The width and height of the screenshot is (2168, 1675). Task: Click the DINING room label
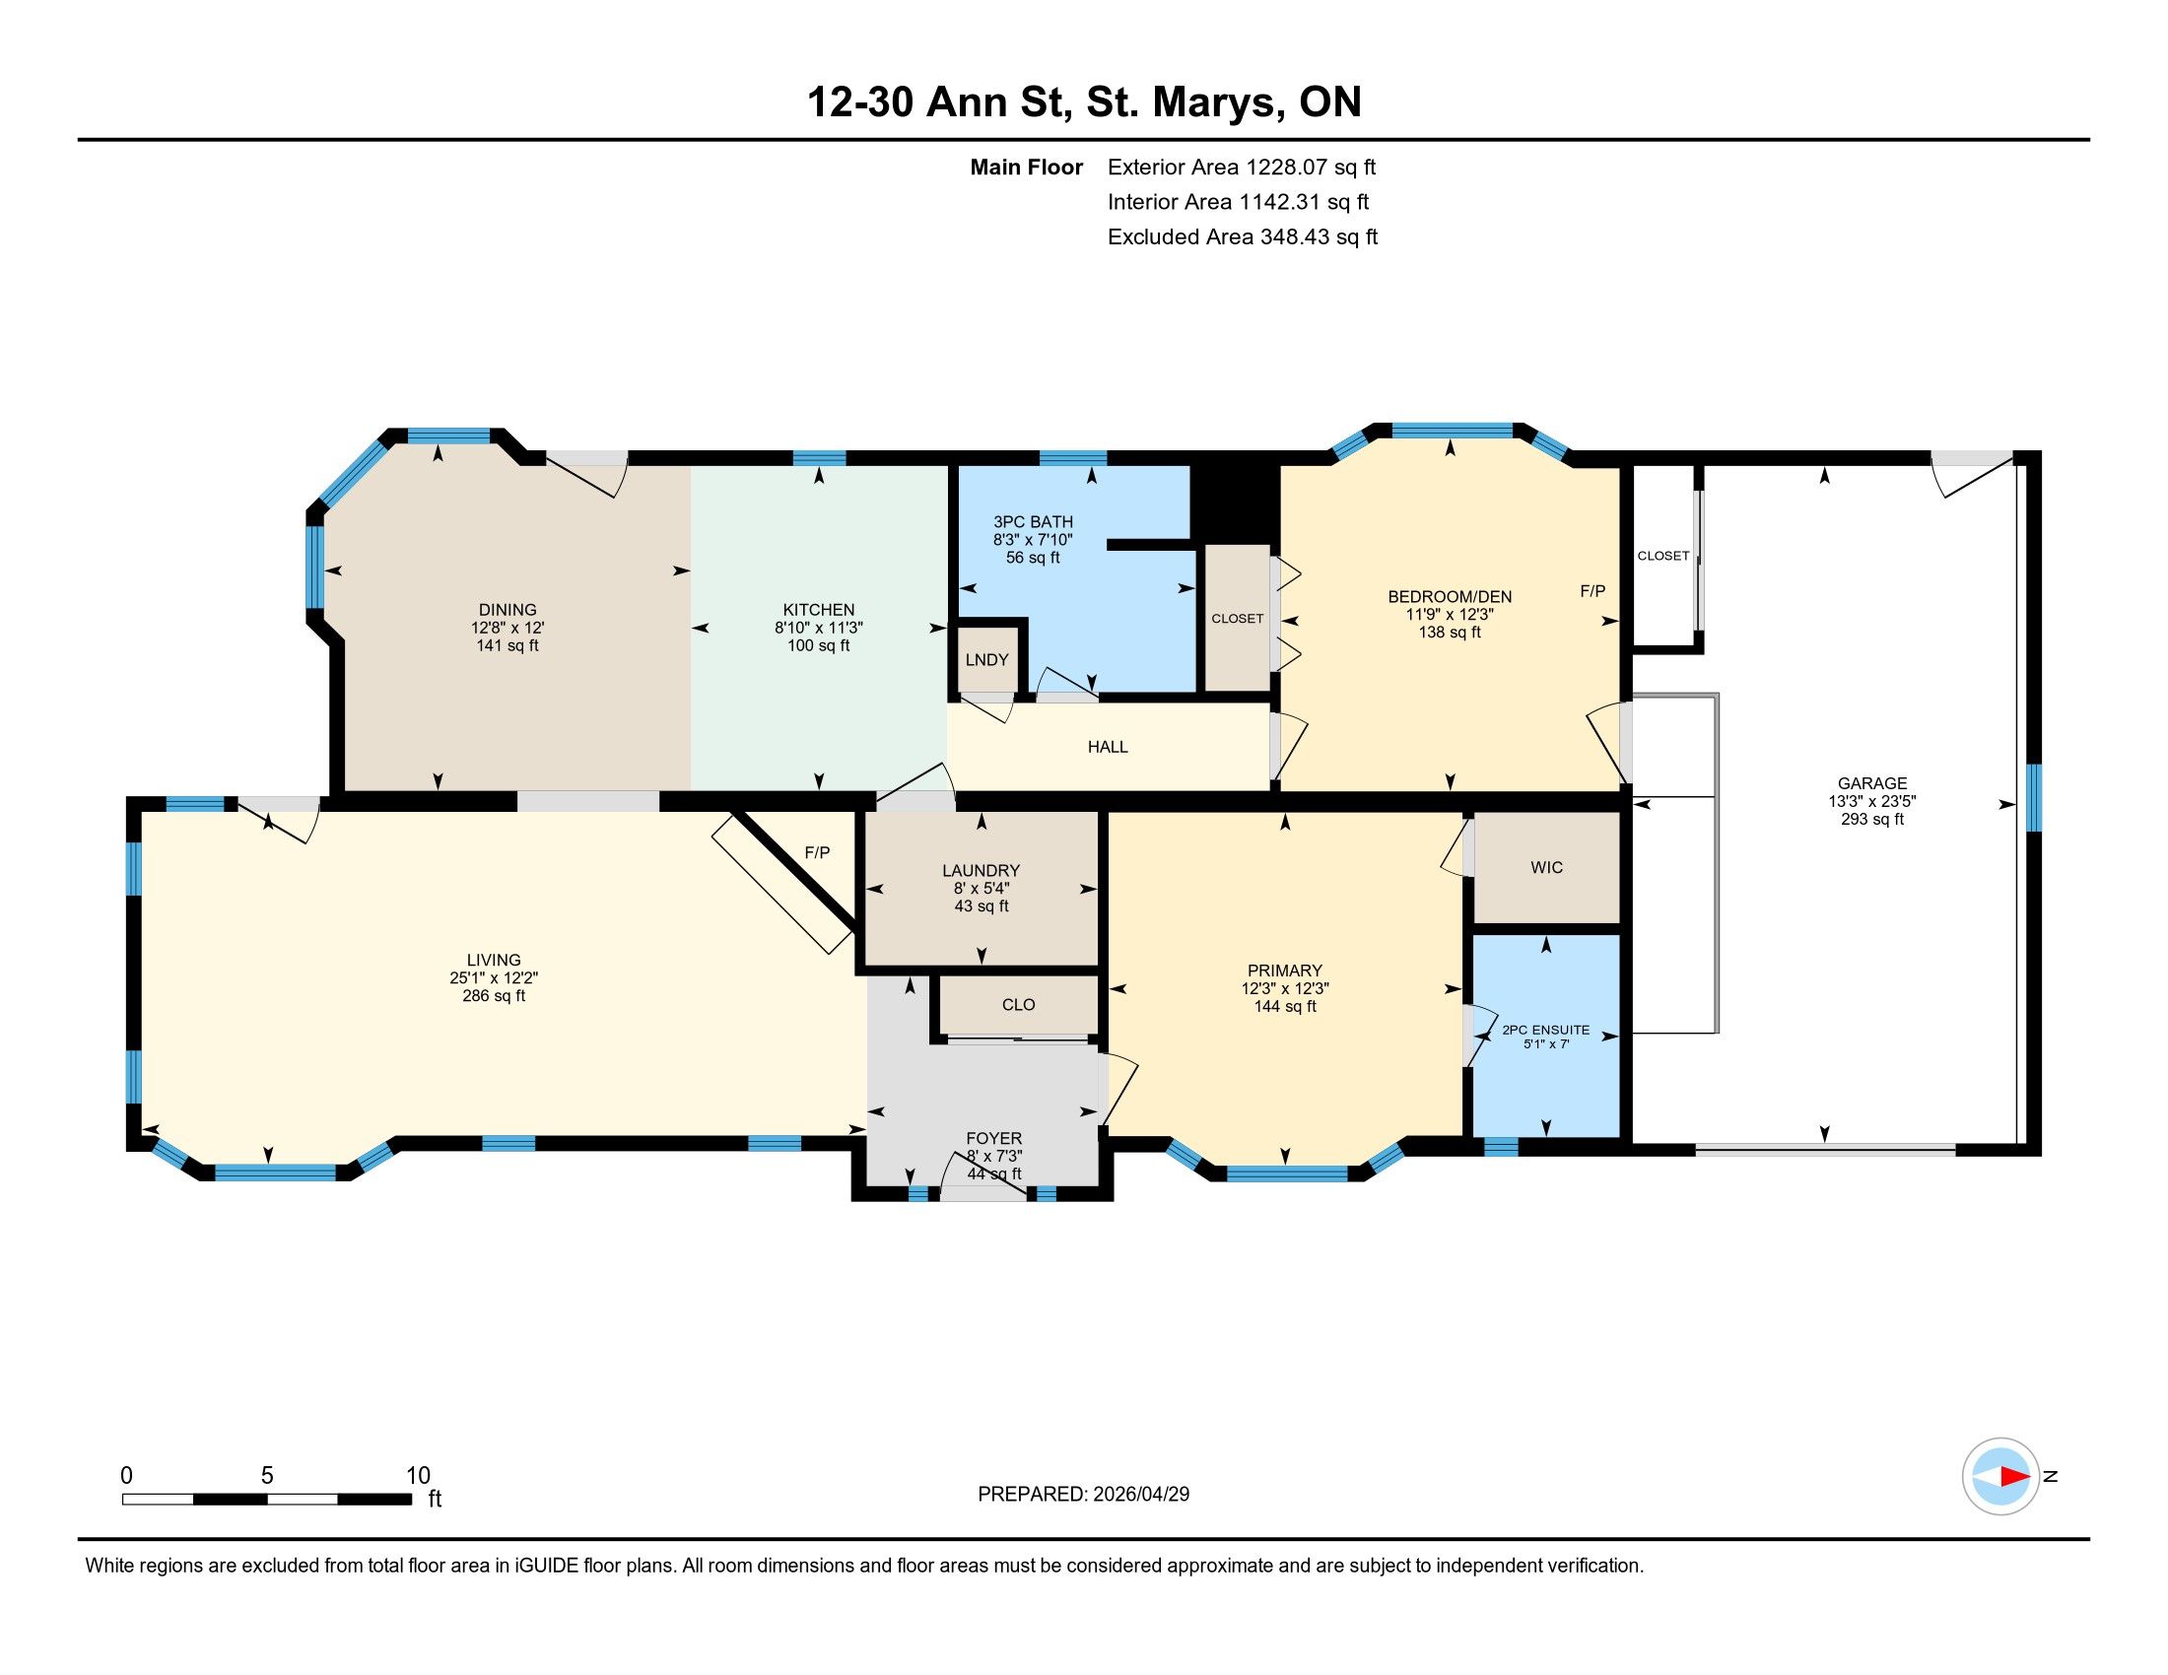[508, 610]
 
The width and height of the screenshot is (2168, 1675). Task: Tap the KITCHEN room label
[818, 610]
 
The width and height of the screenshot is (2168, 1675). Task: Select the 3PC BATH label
[1033, 522]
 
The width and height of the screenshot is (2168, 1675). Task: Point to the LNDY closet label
[986, 660]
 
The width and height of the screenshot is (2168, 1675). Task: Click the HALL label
[1108, 747]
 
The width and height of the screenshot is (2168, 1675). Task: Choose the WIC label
[1546, 867]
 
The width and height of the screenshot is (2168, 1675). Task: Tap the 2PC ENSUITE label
[1545, 1030]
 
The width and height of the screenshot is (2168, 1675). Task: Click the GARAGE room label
[1872, 783]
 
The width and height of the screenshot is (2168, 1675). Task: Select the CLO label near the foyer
[1019, 1004]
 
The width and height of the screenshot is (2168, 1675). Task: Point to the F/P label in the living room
[817, 852]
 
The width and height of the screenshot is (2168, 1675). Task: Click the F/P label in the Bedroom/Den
[1592, 590]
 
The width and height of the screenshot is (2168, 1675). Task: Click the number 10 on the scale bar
[418, 1476]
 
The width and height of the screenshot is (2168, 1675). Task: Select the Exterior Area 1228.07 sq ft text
[1242, 167]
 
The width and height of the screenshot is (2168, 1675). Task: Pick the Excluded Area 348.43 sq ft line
[1243, 236]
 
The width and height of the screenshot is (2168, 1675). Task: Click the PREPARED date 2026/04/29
[1139, 1495]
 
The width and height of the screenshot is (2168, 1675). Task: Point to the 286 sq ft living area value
[494, 996]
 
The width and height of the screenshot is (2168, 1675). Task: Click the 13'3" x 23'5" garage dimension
[1872, 802]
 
